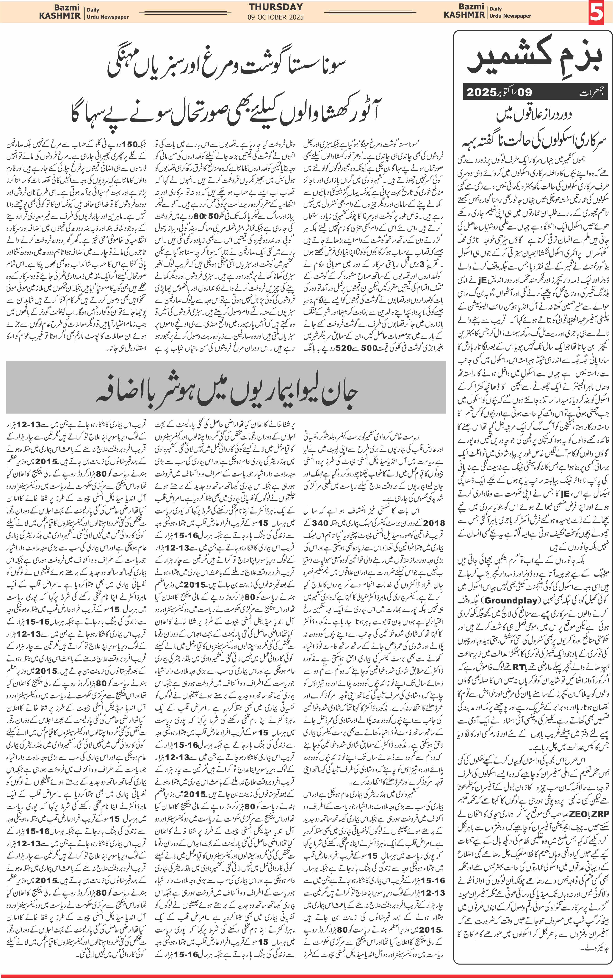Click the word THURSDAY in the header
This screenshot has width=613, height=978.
(x=276, y=7)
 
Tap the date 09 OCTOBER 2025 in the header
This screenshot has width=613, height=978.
(x=276, y=17)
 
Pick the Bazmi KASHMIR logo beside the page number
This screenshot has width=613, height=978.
(x=464, y=11)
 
